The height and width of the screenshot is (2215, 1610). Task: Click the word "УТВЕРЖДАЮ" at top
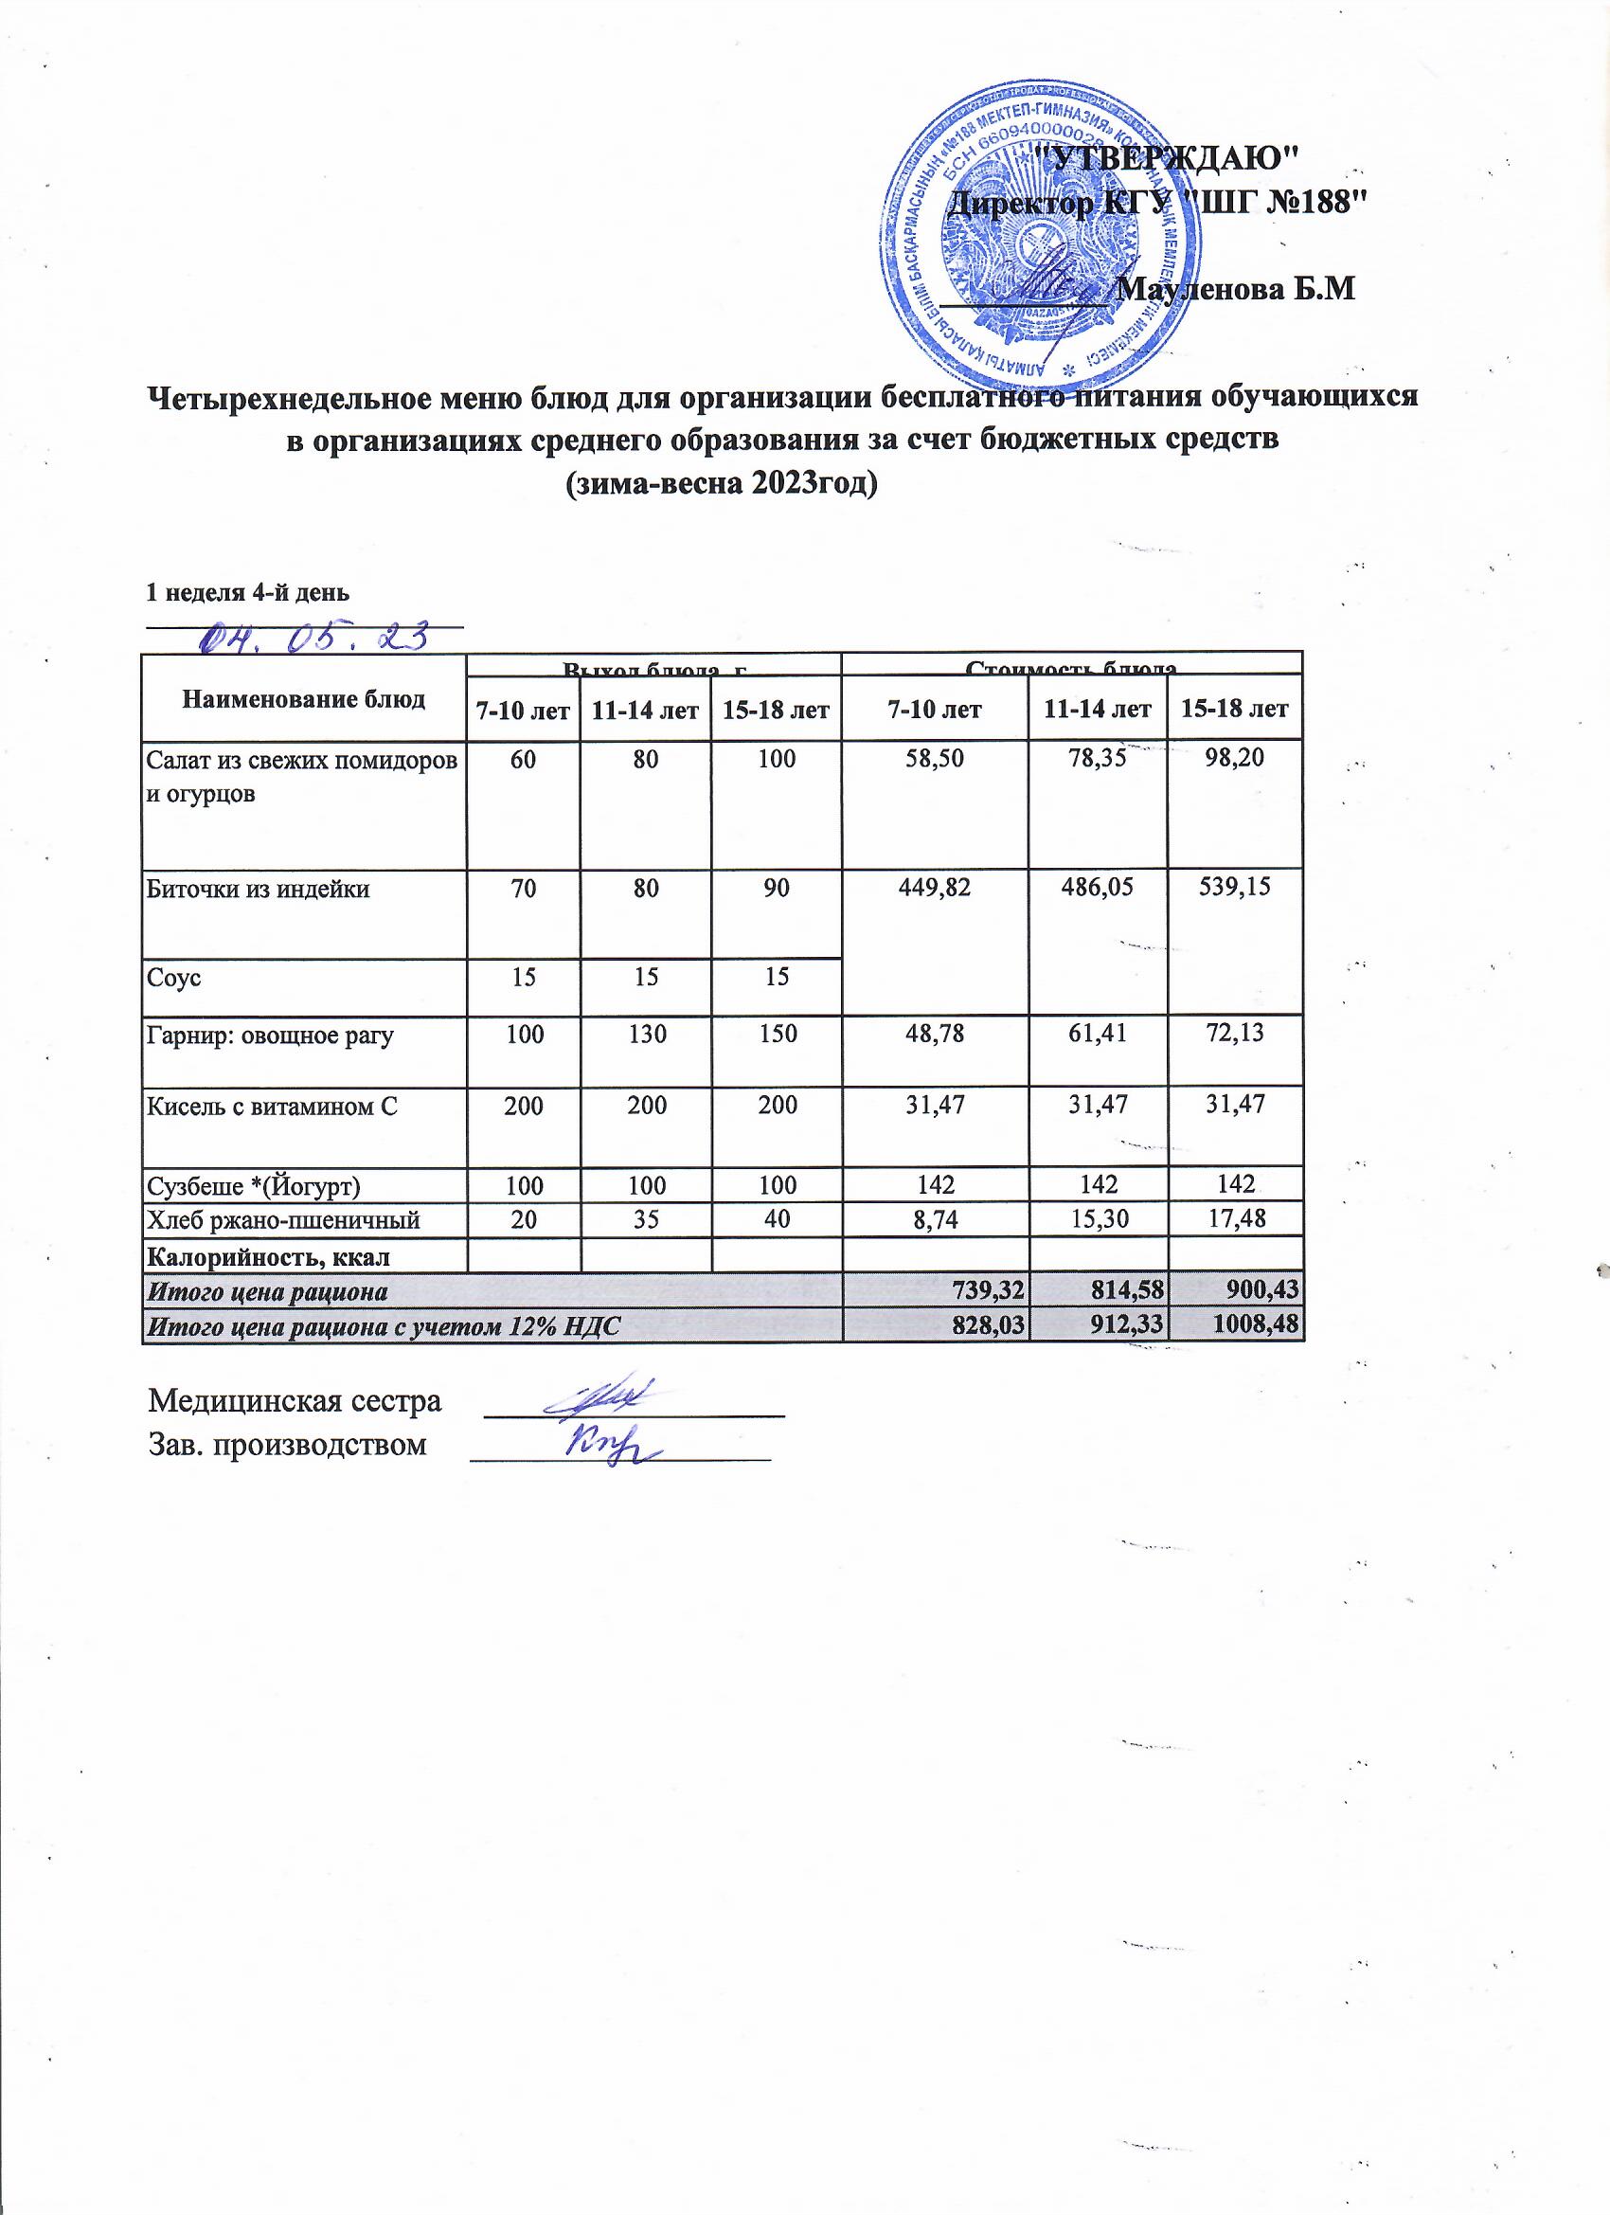point(1166,156)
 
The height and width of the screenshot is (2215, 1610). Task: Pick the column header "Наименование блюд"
point(304,699)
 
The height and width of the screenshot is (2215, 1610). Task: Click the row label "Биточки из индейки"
point(259,889)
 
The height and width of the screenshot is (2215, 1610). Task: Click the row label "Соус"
point(174,977)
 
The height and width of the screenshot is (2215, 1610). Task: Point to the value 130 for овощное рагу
point(644,1034)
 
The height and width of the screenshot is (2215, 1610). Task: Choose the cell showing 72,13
point(1234,1034)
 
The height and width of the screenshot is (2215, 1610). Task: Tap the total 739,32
point(986,1291)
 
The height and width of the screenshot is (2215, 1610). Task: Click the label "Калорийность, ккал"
point(260,1256)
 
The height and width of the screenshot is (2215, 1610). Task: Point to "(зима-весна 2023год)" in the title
point(723,483)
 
